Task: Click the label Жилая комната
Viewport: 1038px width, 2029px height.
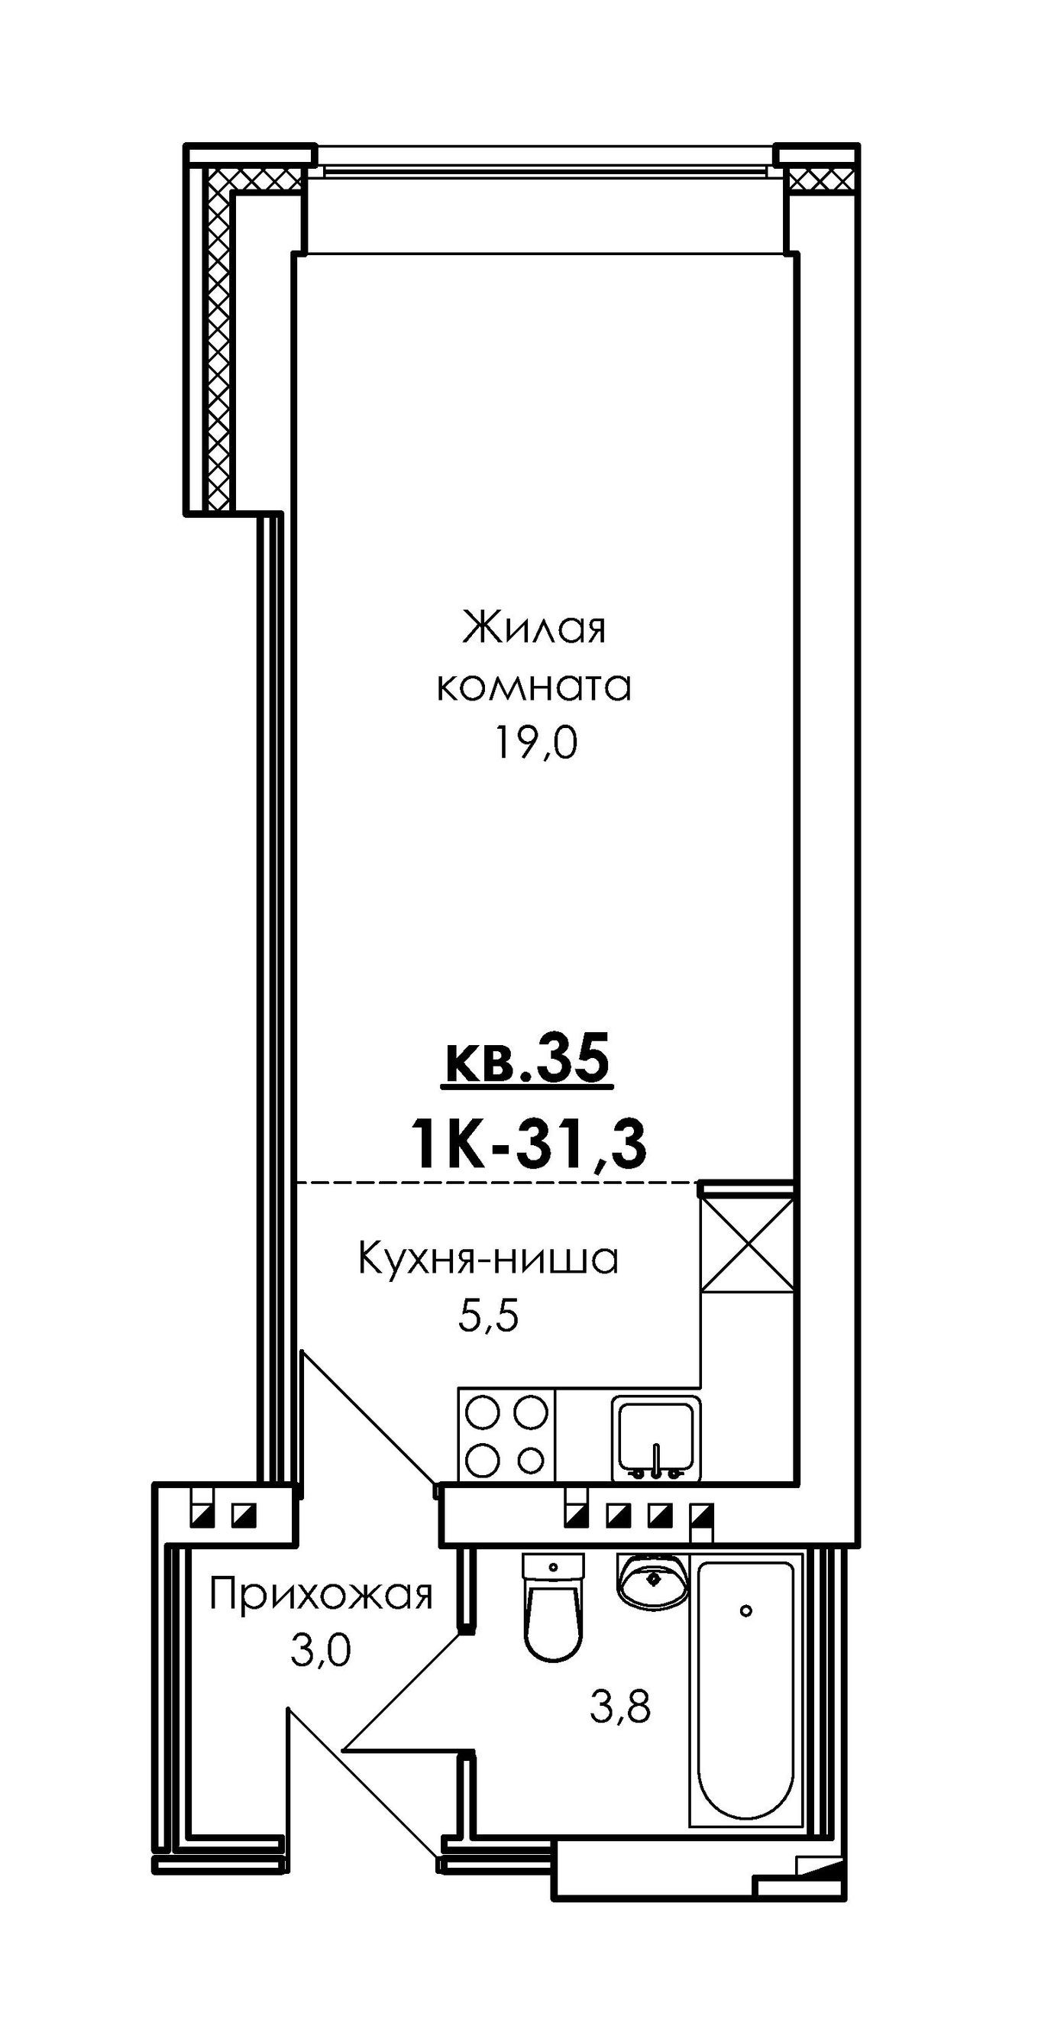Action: point(534,657)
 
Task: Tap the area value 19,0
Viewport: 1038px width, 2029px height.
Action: point(535,742)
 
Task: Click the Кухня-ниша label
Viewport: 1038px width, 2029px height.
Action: point(488,1259)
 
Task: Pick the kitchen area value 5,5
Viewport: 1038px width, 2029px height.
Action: point(488,1315)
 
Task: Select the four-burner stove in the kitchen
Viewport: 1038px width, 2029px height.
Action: point(506,1435)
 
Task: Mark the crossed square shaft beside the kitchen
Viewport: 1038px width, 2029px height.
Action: point(746,1244)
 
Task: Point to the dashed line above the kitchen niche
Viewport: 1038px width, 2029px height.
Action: point(496,1183)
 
